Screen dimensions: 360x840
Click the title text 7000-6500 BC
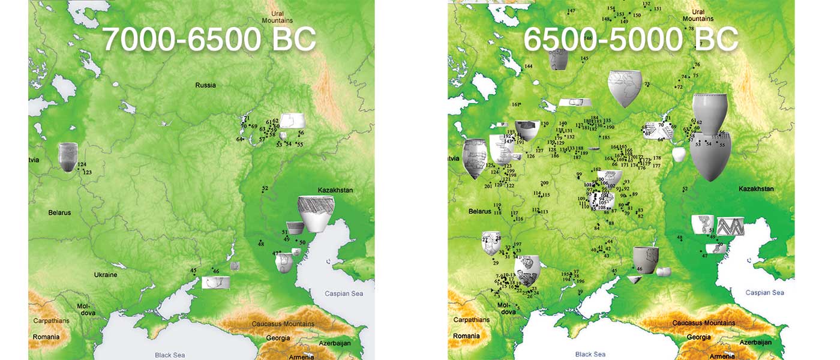click(209, 40)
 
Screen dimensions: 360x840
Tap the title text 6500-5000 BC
click(630, 40)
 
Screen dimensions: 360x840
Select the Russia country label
click(205, 85)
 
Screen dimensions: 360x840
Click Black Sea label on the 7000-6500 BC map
click(170, 355)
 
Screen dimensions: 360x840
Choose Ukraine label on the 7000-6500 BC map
click(105, 275)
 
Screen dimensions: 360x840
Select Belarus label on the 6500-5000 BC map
click(479, 211)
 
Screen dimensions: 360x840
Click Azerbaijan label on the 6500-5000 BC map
click(755, 342)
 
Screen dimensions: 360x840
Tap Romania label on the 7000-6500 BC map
click(46, 337)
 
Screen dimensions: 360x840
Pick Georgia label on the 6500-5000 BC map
click(698, 338)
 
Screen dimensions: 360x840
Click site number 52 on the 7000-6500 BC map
click(265, 189)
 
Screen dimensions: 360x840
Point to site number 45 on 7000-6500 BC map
click(193, 271)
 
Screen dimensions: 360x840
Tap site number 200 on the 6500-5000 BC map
click(544, 184)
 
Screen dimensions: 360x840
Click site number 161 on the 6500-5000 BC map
click(515, 104)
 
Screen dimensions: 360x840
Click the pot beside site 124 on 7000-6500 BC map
click(68, 157)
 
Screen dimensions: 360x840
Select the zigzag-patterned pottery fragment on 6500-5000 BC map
click(730, 227)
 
